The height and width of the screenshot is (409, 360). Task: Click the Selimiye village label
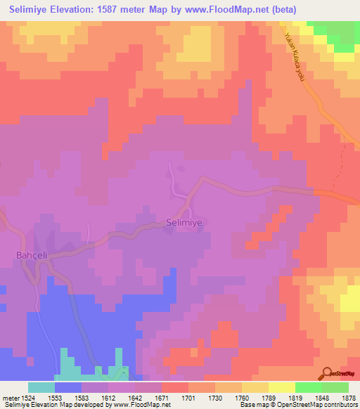click(185, 223)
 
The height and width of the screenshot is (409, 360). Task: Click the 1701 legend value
click(188, 398)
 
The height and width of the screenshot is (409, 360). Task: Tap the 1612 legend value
click(108, 398)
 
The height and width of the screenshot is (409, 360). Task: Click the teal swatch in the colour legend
click(41, 387)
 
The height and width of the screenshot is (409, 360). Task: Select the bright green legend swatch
click(309, 387)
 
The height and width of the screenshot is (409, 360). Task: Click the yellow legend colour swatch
click(255, 387)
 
